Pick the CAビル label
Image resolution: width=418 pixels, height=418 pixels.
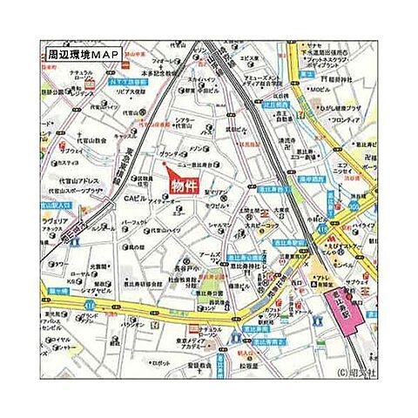coord(136,199)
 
